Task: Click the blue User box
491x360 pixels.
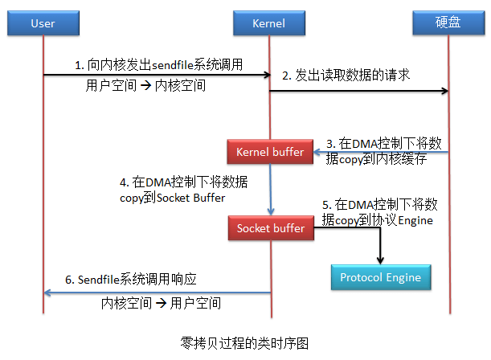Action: pyautogui.click(x=43, y=23)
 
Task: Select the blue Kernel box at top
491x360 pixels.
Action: pyautogui.click(x=269, y=23)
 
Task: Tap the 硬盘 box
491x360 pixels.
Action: pyautogui.click(x=448, y=23)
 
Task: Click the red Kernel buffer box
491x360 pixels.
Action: pyautogui.click(x=270, y=152)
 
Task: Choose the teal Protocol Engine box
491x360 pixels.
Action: pyautogui.click(x=380, y=277)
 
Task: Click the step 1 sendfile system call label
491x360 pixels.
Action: pyautogui.click(x=158, y=64)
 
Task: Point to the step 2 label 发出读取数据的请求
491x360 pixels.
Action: pyautogui.click(x=346, y=76)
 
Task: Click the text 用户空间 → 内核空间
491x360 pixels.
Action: pyautogui.click(x=145, y=85)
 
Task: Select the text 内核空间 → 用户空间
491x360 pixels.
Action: pyautogui.click(x=162, y=304)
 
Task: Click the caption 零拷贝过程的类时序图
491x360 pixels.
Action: pyautogui.click(x=245, y=342)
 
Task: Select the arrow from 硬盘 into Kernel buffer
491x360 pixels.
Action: pyautogui.click(x=378, y=152)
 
